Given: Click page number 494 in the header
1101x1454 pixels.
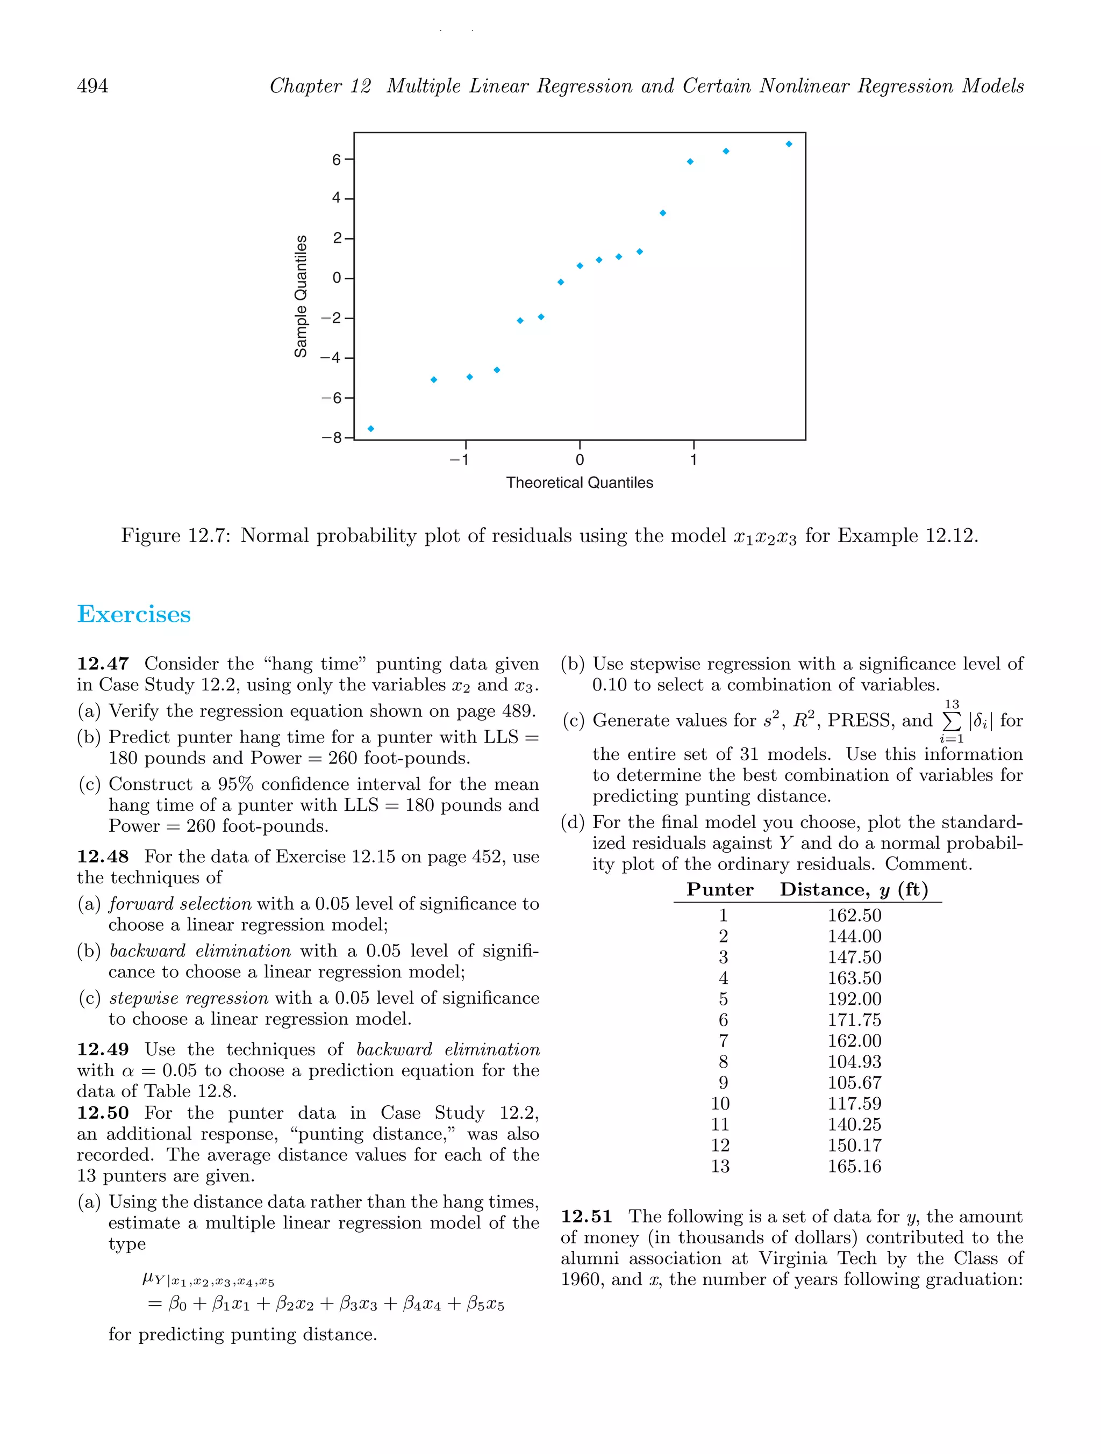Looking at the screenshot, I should pos(93,86).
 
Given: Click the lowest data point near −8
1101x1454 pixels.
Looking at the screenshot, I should pos(371,429).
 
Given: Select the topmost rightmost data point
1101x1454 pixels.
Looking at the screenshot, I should pos(789,144).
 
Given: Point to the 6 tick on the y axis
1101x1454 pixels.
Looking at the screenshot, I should pos(337,160).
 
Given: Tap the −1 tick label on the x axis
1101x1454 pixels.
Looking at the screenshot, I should pos(460,460).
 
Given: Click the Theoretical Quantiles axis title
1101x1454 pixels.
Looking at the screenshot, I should pos(580,483).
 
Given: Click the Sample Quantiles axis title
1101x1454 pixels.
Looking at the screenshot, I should pos(301,296).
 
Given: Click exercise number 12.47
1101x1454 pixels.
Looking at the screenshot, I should pos(103,664).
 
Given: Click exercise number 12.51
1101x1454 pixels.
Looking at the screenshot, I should pos(587,1217).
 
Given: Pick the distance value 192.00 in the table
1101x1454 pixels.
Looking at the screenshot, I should pos(854,999).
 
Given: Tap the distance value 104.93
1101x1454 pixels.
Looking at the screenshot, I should pos(854,1062).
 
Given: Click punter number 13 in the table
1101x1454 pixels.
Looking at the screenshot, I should pos(720,1166).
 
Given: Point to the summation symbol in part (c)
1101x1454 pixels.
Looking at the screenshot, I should pos(951,721).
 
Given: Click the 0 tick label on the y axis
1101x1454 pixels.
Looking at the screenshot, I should pos(337,278).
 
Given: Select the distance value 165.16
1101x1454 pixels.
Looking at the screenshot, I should pos(854,1166).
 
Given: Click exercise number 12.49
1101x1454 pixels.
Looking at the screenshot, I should pos(103,1050).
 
